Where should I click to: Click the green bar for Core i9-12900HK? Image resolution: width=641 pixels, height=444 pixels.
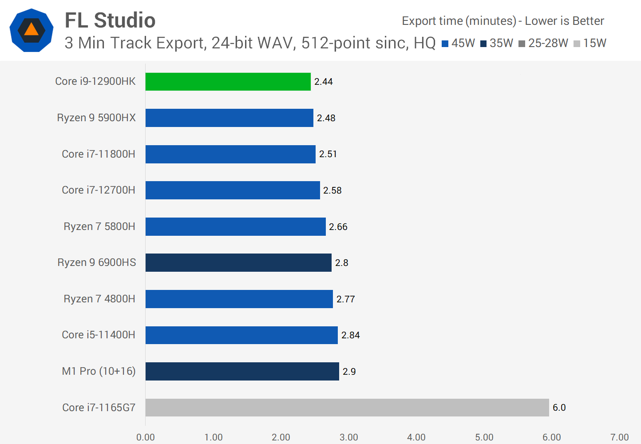tap(228, 82)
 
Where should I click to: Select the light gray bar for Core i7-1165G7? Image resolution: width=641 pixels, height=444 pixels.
tap(347, 408)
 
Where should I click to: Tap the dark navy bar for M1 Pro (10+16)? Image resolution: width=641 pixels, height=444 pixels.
tap(242, 371)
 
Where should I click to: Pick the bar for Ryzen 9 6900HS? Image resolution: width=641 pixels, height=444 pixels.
tap(238, 262)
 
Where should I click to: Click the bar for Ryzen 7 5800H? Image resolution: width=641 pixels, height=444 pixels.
tap(235, 226)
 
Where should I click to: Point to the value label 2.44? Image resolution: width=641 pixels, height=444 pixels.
tap(323, 82)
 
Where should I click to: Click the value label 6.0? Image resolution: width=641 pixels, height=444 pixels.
tap(559, 408)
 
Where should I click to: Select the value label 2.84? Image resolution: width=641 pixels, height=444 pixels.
tap(350, 335)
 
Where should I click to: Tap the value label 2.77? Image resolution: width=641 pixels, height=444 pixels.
tap(345, 299)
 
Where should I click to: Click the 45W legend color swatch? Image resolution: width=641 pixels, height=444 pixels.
tap(445, 44)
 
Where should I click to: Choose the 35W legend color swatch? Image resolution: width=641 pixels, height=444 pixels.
tap(483, 44)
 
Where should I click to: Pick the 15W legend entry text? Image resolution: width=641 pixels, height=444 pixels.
tap(594, 43)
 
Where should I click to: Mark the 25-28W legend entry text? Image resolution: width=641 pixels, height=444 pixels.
tap(548, 43)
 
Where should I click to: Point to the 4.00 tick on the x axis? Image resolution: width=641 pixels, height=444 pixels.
tap(416, 437)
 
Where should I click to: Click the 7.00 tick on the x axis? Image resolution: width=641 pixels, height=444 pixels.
tap(619, 437)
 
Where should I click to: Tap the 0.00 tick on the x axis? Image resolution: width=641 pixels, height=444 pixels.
tap(146, 437)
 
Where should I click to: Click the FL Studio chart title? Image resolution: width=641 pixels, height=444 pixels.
tap(110, 20)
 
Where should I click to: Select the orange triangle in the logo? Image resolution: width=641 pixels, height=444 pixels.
tap(32, 29)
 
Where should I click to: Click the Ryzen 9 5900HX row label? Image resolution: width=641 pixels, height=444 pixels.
tap(96, 118)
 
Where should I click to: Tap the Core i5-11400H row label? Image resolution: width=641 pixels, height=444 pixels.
tap(99, 335)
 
